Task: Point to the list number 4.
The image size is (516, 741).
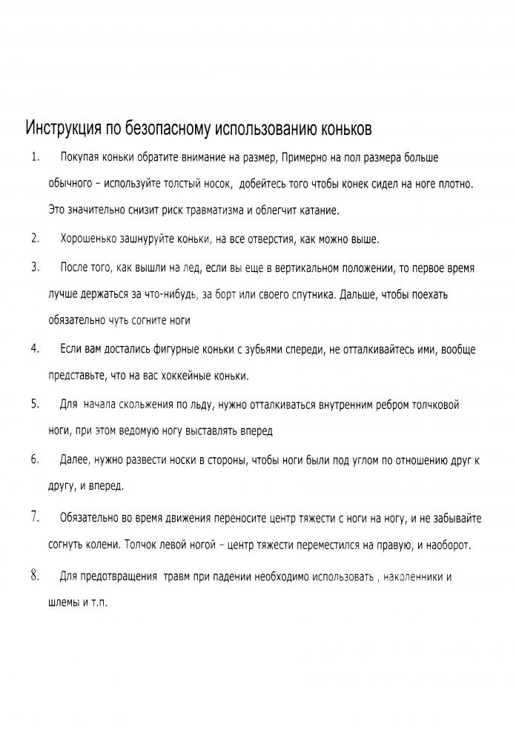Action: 34,348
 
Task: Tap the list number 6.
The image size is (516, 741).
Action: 34,459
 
